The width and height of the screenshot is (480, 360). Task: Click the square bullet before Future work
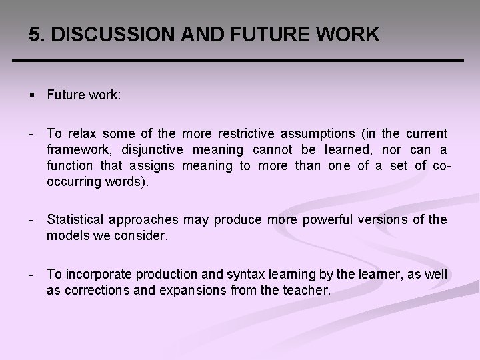pyautogui.click(x=32, y=95)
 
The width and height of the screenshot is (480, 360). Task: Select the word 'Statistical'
pyautogui.click(x=76, y=220)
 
